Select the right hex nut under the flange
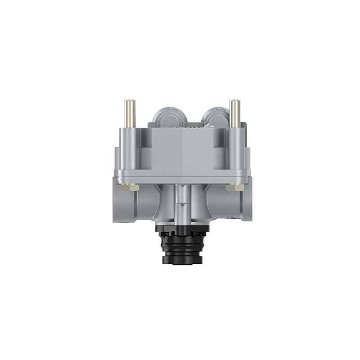point(234,187)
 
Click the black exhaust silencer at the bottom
point(183,245)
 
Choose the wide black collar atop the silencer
point(183,229)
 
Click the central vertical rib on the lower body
point(182,202)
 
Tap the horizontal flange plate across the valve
point(182,176)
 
